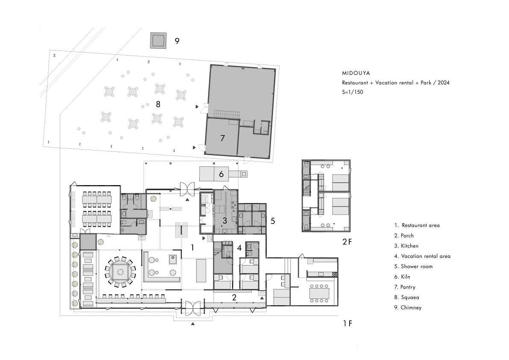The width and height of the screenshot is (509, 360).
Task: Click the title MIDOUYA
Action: pos(356,74)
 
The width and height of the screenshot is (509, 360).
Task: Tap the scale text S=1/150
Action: pos(353,92)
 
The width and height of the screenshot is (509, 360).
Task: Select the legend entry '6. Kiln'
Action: pos(402,277)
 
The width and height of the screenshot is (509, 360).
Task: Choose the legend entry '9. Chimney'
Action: pos(408,308)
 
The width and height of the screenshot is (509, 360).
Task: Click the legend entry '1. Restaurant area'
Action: pos(417,225)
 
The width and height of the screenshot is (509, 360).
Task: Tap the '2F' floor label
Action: pos(347,242)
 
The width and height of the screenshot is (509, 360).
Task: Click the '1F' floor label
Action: pos(347,323)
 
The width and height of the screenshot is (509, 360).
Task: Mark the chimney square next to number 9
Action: pos(159,41)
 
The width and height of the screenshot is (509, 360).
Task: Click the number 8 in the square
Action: pos(158,104)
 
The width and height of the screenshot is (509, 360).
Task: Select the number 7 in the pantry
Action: pos(222,138)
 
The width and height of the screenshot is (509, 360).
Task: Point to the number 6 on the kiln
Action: pos(221,174)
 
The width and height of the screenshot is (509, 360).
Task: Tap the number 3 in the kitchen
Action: pos(225,221)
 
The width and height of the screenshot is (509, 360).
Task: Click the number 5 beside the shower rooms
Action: pos(273,221)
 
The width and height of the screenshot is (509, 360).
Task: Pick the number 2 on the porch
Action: pos(234,297)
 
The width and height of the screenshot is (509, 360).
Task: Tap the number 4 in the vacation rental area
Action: pos(239,248)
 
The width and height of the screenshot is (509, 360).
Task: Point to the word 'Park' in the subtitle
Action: pos(426,83)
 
